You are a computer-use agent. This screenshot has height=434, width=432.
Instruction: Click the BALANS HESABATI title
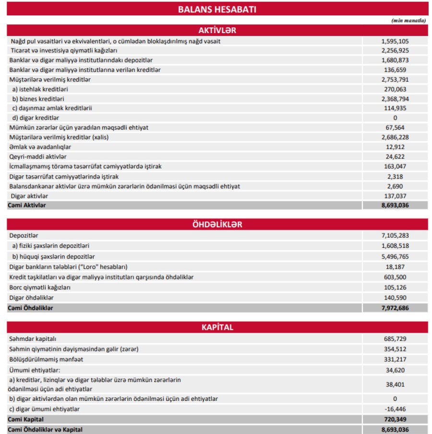point(217,9)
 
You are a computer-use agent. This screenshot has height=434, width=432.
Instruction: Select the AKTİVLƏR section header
point(217,30)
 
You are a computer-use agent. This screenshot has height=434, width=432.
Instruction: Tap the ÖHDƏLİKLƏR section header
point(217,225)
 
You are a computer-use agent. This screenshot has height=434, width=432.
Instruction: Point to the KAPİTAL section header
point(217,327)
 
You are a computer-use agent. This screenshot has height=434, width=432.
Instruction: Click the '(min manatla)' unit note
point(408,20)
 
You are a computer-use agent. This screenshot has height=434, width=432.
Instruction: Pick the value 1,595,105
point(395,41)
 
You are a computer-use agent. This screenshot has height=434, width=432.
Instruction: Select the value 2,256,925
point(395,50)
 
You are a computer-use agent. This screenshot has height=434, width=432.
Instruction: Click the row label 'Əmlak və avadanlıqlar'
point(34,147)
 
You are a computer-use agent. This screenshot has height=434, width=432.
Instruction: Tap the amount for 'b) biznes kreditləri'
point(395,99)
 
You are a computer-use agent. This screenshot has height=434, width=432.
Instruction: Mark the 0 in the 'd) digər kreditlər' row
point(395,118)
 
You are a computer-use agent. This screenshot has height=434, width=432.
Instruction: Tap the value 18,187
point(395,266)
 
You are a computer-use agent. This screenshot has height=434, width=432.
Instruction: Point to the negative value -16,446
point(395,409)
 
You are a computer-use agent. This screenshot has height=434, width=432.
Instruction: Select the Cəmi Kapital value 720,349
point(395,420)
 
